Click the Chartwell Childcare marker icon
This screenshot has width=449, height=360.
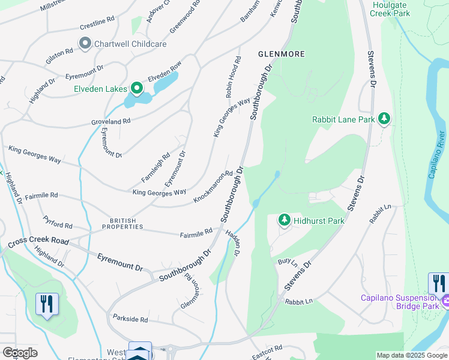(85, 43)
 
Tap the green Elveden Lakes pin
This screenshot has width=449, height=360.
(137, 89)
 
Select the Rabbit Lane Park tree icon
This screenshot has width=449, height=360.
(384, 119)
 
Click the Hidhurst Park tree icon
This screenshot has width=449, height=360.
(285, 220)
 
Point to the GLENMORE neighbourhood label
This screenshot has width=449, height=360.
(281, 54)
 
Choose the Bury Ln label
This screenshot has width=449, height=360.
(288, 262)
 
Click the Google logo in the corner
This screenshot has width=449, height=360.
(20, 353)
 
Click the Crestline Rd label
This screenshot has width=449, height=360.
(97, 25)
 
